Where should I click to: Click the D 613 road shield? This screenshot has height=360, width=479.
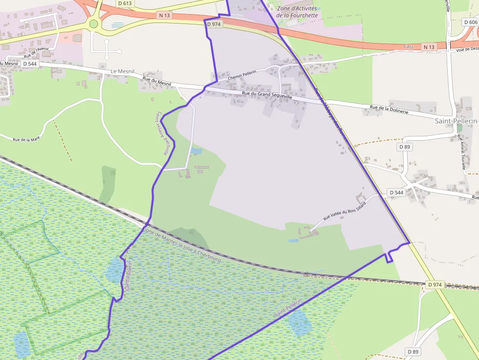[x=125, y=3]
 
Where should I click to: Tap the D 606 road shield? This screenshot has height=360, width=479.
[x=471, y=22]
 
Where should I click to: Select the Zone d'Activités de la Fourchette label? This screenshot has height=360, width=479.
[x=297, y=12]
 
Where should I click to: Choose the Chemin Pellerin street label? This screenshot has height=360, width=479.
[x=241, y=76]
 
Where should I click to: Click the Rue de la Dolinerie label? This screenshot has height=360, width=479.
[x=389, y=109]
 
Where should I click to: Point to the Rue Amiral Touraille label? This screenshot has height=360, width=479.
[x=461, y=152]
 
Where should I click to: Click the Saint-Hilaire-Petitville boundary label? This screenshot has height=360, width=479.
[x=163, y=133]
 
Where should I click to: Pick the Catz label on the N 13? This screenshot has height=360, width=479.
[x=409, y=46]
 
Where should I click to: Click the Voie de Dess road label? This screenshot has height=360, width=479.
[x=467, y=49]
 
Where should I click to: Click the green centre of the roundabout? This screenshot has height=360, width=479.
[x=94, y=23]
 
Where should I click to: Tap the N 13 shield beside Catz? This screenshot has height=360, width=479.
[x=429, y=47]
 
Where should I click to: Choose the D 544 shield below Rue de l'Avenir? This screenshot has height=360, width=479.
[x=29, y=64]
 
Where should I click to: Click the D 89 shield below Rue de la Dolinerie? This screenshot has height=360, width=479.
[x=404, y=147]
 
